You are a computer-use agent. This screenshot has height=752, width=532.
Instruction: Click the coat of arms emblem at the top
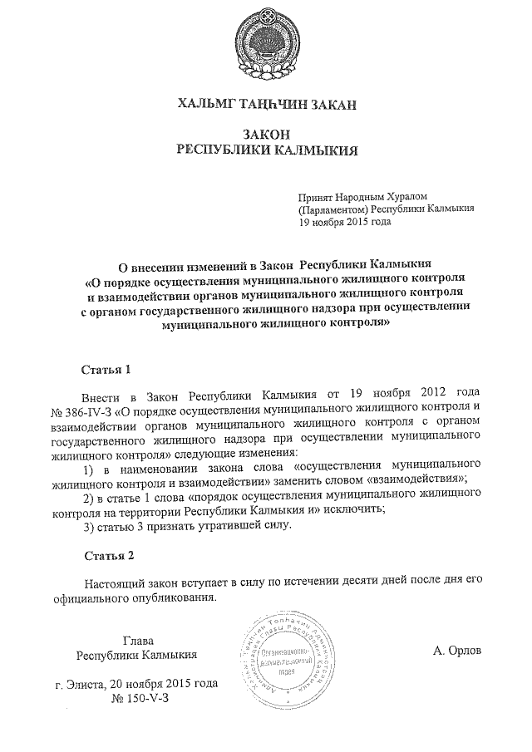click(x=267, y=42)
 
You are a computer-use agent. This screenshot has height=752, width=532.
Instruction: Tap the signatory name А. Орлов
click(x=456, y=651)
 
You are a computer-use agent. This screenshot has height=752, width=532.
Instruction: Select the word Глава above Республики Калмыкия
click(x=138, y=640)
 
